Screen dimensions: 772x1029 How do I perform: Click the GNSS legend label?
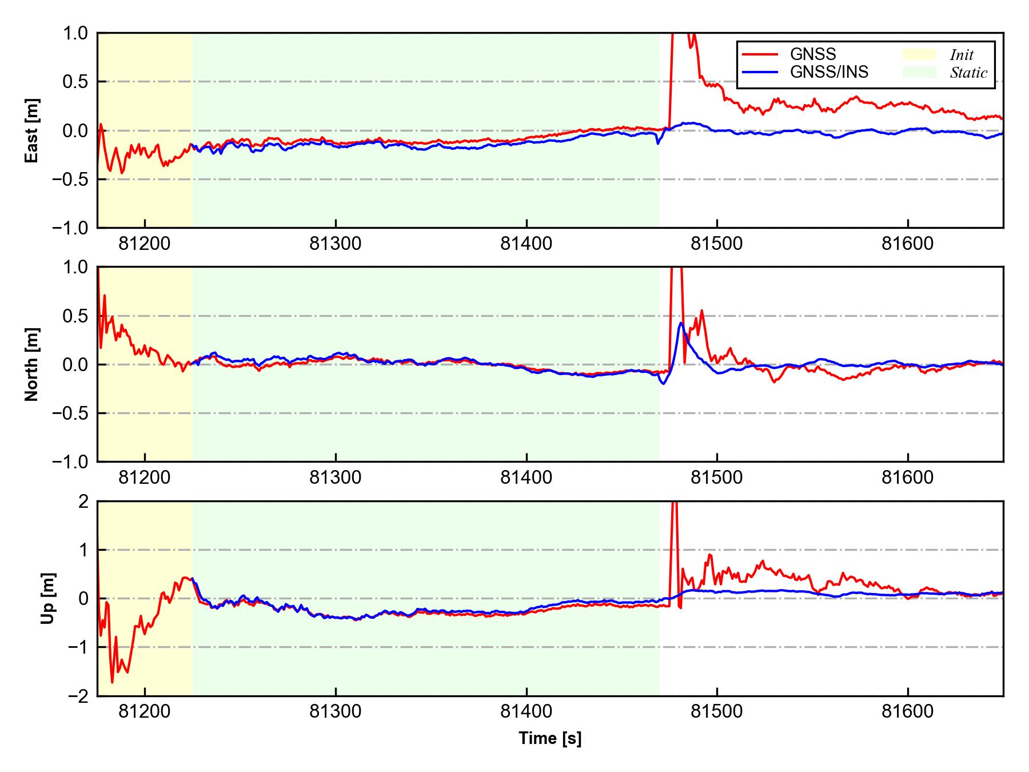(x=812, y=54)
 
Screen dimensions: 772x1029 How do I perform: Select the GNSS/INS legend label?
(x=829, y=72)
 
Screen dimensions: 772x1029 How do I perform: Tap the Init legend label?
(x=962, y=55)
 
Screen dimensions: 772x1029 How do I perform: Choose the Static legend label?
(x=968, y=73)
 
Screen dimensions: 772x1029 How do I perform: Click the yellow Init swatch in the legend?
(x=919, y=54)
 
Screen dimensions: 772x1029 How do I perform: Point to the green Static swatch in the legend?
(x=919, y=72)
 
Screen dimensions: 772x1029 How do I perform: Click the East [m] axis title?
(x=32, y=130)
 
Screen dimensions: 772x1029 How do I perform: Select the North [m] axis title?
(x=32, y=364)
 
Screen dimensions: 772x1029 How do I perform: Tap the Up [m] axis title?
(x=49, y=598)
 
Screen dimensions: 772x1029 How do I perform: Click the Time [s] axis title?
(x=550, y=738)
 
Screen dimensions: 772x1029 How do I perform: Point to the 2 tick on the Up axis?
(x=83, y=502)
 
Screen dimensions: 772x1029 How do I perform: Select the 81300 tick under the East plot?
(x=336, y=244)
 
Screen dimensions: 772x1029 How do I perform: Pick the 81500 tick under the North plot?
(x=717, y=477)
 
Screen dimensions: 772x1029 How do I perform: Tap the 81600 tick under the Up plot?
(x=908, y=711)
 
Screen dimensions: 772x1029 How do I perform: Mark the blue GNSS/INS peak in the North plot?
(x=681, y=323)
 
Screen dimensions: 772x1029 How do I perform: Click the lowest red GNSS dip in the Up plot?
(x=112, y=682)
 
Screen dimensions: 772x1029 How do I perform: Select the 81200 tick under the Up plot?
(x=145, y=711)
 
